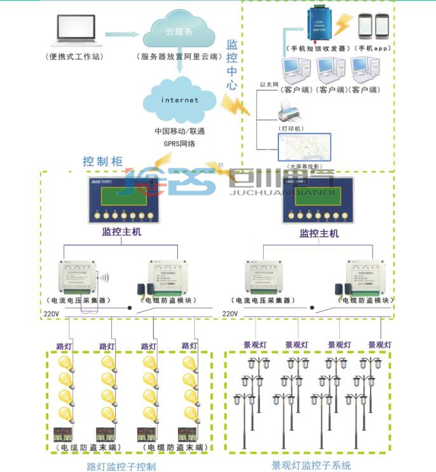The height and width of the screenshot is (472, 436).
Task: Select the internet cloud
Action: pyautogui.click(x=179, y=100)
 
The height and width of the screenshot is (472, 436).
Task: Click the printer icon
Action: pyautogui.click(x=291, y=114)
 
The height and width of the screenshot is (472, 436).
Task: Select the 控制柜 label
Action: pyautogui.click(x=99, y=162)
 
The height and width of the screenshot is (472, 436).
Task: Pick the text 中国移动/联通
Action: pyautogui.click(x=179, y=131)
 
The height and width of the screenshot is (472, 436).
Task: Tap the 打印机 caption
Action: pyautogui.click(x=292, y=128)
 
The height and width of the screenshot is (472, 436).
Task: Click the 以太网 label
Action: pyautogui.click(x=269, y=85)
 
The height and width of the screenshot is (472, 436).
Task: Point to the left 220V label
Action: pyautogui.click(x=51, y=314)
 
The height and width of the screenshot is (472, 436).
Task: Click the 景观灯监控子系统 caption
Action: pyautogui.click(x=311, y=466)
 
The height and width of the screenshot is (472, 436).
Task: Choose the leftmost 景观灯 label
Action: pyautogui.click(x=256, y=345)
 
